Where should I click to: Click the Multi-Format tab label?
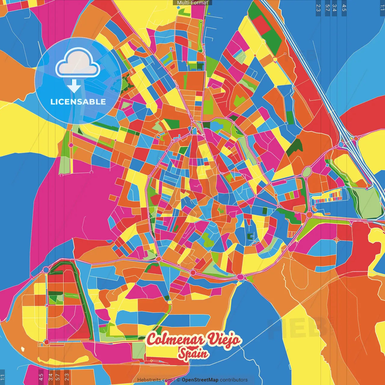click(192, 3)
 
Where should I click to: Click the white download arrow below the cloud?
click(74, 86)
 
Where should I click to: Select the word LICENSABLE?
click(78, 102)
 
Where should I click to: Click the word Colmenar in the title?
click(175, 340)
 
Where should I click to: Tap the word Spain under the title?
click(193, 353)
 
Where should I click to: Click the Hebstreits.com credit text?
click(155, 380)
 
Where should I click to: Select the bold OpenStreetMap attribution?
click(200, 380)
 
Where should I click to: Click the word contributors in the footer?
click(234, 380)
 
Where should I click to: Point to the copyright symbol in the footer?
click(178, 380)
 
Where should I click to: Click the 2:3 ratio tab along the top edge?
click(318, 8)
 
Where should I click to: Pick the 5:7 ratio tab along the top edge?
click(327, 8)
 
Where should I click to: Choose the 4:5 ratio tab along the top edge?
click(344, 8)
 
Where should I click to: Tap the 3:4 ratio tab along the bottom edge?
click(51, 376)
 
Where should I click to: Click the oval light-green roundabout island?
click(306, 172)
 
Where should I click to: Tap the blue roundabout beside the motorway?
click(341, 144)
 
